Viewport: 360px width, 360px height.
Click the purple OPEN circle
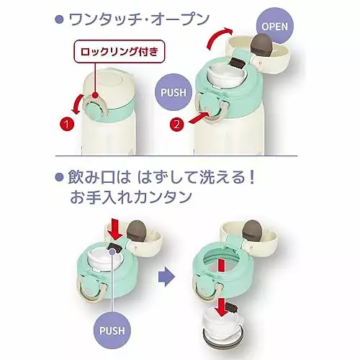coord(275,26)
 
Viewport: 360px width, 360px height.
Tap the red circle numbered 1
coord(67,124)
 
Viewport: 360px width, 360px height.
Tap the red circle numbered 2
coord(176,125)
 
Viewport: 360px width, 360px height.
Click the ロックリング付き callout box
coord(120,52)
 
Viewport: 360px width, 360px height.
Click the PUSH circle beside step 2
coord(174,92)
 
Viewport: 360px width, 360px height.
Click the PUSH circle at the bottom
coord(112,330)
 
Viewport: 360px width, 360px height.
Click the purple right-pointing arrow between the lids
coord(166,277)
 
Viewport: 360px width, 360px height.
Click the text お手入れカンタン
coord(131,197)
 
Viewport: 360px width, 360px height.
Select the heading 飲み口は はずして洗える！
coord(161,178)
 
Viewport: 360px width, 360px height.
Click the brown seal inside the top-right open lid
coord(261,44)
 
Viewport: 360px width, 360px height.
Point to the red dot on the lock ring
coord(95,96)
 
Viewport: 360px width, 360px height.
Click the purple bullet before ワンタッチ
coord(59,19)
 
